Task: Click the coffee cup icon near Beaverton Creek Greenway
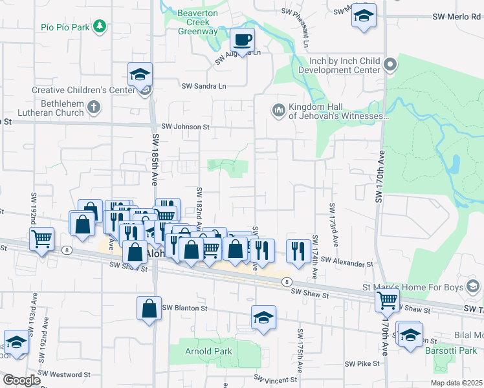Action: [242, 40]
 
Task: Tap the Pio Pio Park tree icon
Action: [99, 27]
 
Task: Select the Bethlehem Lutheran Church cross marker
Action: [94, 107]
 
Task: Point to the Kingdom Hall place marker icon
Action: [279, 111]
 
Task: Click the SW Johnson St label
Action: [186, 127]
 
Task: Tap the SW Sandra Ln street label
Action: [204, 86]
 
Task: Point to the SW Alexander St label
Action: [352, 264]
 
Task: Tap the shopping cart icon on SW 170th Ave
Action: [387, 299]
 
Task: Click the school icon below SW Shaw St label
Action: [263, 318]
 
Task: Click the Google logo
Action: [21, 380]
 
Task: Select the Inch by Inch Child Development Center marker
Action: [390, 64]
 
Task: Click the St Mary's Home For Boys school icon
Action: [473, 285]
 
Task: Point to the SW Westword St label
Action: [69, 374]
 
